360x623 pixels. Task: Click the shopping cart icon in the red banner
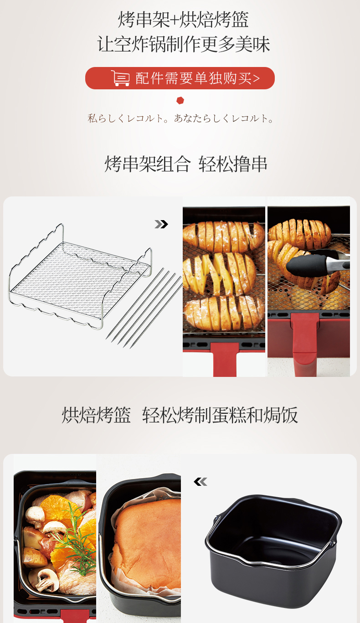[x=120, y=78]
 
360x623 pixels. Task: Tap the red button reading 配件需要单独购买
[x=180, y=78]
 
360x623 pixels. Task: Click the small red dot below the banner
[x=180, y=100]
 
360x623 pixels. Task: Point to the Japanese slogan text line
[x=180, y=118]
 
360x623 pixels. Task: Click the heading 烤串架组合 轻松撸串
[x=186, y=164]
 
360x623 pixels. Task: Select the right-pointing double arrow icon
[x=161, y=224]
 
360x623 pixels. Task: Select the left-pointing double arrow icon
[x=201, y=481]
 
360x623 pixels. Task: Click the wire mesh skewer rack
[x=80, y=276]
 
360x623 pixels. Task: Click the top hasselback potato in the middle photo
[x=224, y=236]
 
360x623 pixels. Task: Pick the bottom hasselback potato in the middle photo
[x=224, y=312]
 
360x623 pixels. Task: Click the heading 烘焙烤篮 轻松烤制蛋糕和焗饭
[x=180, y=415]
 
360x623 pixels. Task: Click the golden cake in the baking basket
[x=146, y=544]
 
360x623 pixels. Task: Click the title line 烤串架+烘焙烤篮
[x=183, y=20]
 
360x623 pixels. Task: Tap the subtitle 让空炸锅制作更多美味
[x=184, y=45]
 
